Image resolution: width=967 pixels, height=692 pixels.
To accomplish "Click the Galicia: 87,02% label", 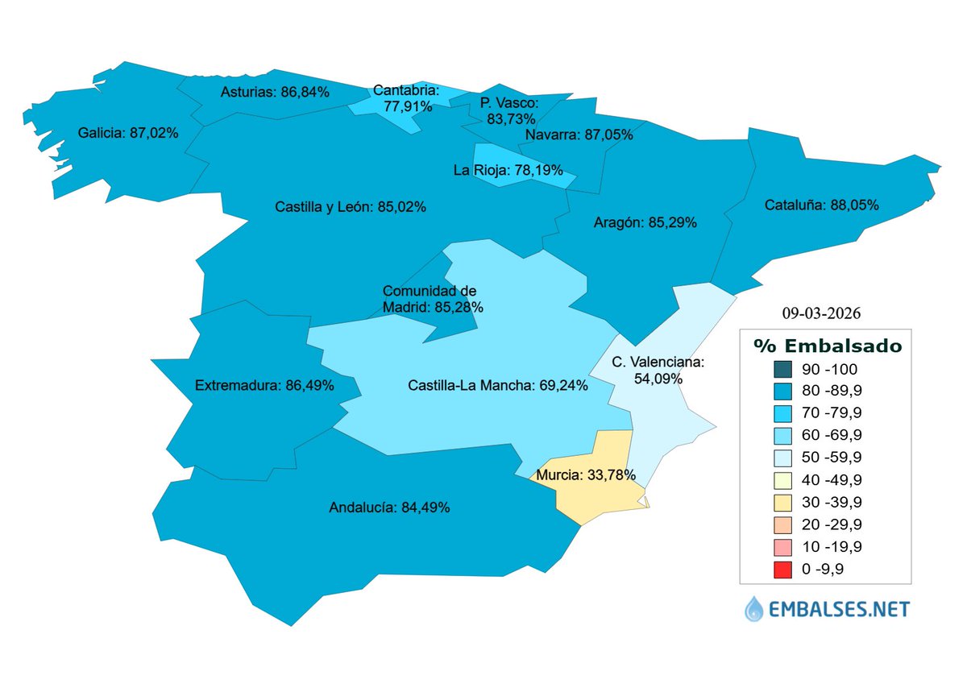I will [128, 132].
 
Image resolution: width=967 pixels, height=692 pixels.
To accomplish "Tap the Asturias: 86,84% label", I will [274, 92].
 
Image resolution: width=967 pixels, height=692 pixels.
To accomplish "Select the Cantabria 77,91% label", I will [406, 98].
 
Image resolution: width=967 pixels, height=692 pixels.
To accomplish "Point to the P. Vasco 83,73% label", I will [508, 110].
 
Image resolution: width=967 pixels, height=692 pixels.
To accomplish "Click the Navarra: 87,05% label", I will [579, 135].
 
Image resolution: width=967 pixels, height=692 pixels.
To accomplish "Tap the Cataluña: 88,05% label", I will [820, 205].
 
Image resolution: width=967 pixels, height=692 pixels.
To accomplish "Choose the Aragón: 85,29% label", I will [645, 222].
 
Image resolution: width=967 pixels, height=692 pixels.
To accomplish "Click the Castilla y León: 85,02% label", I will [351, 207].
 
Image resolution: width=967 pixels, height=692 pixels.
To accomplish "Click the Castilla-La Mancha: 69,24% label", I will [497, 386].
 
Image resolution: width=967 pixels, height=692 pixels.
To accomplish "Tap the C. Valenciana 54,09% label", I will [658, 370].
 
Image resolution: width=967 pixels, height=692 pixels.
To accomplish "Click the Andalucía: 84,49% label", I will [389, 508].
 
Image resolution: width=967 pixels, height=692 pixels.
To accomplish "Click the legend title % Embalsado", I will [827, 346].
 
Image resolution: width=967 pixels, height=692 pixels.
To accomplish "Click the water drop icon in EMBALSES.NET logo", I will [753, 608].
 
